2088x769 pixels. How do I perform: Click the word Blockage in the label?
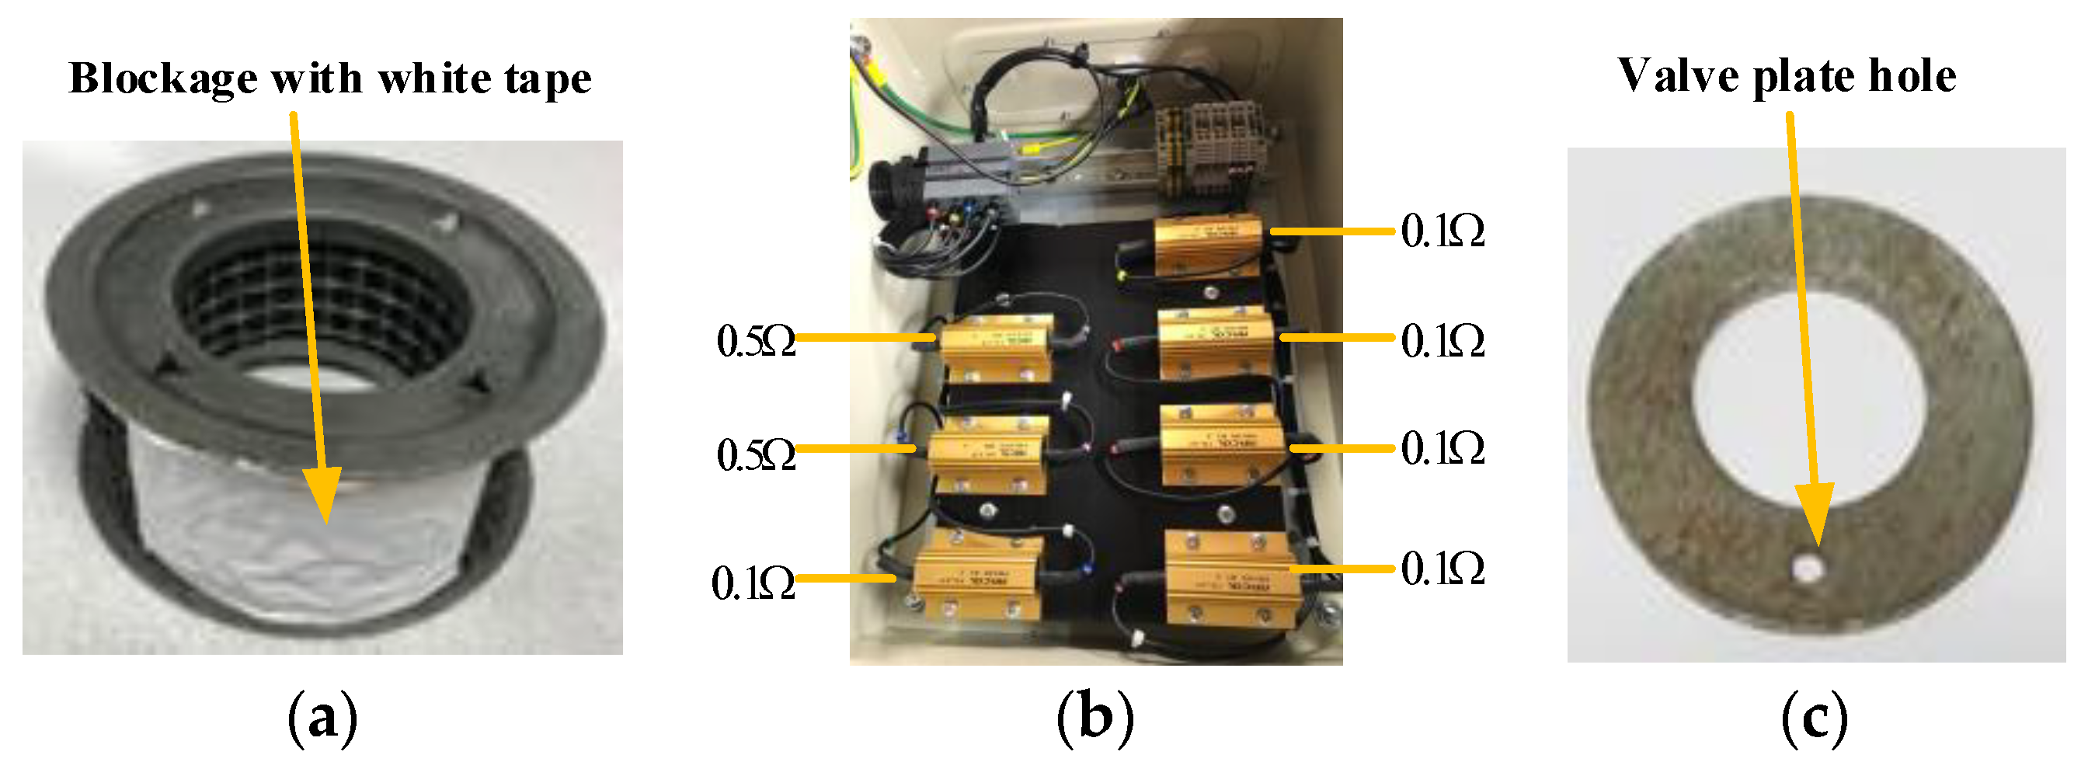(x=163, y=78)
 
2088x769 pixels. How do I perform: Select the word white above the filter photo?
(x=432, y=78)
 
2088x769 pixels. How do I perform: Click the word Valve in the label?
(x=1677, y=76)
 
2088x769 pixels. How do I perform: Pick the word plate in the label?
(x=1803, y=78)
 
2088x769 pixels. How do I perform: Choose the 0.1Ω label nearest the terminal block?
(x=1442, y=232)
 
